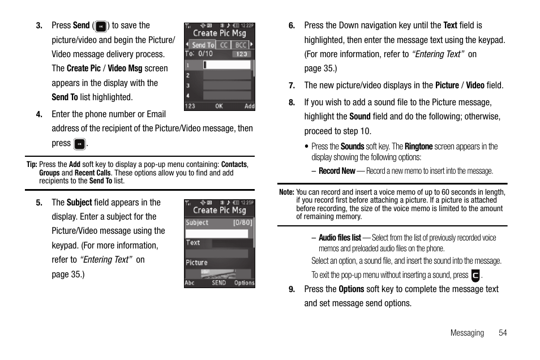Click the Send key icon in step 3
(101, 26)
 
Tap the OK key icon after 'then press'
(80, 144)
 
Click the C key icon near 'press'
(475, 276)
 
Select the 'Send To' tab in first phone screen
(203, 45)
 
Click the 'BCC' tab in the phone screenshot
(240, 45)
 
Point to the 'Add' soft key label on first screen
(249, 106)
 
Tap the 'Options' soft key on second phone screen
(244, 282)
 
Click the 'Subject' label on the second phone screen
(197, 223)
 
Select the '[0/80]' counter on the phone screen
(243, 223)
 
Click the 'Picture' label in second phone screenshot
(197, 263)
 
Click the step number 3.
(39, 25)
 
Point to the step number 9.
(292, 289)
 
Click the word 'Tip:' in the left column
(32, 165)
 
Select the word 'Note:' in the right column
(286, 192)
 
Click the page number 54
(503, 333)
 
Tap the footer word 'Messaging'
(467, 333)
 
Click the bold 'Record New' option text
(337, 171)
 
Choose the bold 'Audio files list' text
(340, 238)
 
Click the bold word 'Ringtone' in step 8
(418, 147)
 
